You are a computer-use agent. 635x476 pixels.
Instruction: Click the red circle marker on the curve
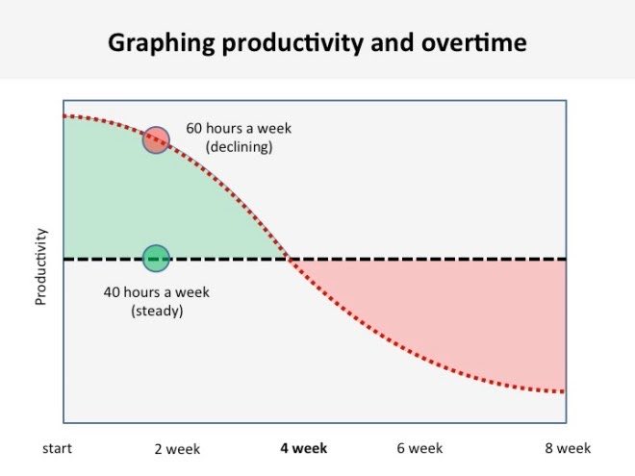156,139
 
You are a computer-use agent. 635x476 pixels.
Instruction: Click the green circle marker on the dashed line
156,258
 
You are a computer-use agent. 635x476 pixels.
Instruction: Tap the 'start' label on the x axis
57,448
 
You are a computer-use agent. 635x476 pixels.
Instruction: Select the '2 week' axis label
178,449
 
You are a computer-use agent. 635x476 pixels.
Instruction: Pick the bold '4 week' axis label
304,448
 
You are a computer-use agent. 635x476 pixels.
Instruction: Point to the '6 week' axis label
419,448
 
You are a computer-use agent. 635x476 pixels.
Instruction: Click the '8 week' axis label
568,448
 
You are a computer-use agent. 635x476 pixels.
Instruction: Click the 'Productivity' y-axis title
41,266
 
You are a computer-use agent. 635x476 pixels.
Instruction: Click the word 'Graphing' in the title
154,44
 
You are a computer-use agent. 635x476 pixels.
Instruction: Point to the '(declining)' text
240,147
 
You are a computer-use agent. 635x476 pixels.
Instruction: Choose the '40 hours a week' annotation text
156,292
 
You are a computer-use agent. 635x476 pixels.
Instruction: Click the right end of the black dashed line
564,259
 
